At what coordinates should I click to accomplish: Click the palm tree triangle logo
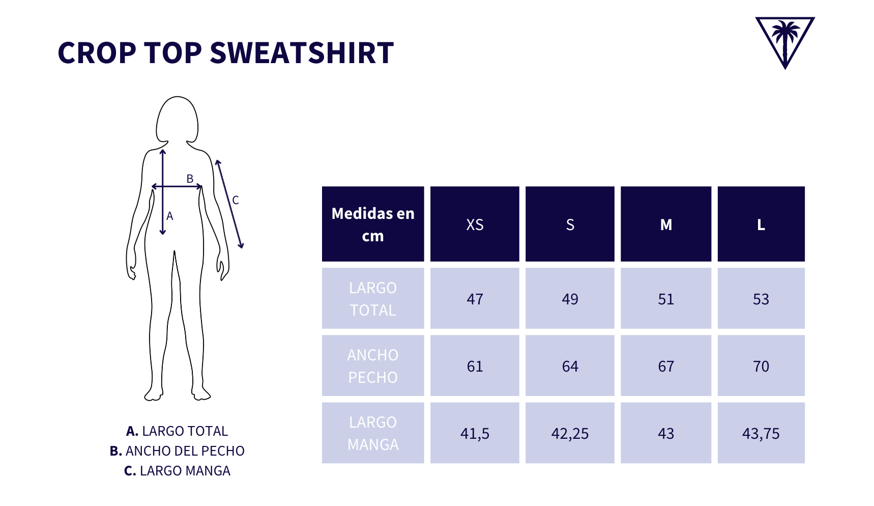coord(784,41)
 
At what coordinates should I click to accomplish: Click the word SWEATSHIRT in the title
coord(302,53)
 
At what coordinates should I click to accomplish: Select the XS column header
coord(475,224)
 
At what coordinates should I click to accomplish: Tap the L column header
coord(761,224)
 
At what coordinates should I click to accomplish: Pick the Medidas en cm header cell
coord(373,224)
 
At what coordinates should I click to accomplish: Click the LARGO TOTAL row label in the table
coord(373,299)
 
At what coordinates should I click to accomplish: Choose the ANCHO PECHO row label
coord(373,366)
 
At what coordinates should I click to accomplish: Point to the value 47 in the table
coord(475,299)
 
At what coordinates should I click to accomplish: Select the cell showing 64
coord(570,366)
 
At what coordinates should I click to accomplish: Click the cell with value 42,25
coord(570,433)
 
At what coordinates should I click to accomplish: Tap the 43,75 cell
coord(761,433)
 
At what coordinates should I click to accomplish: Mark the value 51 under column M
coord(665,299)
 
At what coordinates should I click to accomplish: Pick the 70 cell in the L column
coord(761,366)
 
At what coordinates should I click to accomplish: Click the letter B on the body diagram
coord(190,179)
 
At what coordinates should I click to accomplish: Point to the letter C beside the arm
coord(236,200)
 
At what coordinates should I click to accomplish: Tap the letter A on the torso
coord(170,216)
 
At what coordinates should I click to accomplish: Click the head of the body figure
coord(177,120)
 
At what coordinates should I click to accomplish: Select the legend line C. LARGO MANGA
coord(177,471)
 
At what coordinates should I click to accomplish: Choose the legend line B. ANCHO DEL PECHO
coord(177,451)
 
